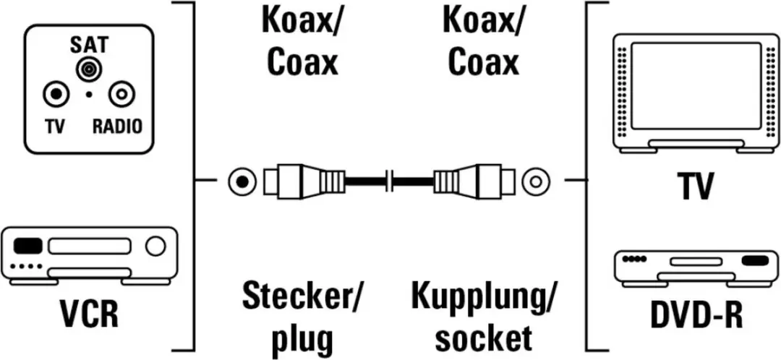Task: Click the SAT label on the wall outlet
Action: [x=88, y=46]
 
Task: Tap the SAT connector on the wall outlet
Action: [x=88, y=69]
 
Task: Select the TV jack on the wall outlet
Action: [x=55, y=93]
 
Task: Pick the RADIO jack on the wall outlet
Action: [x=121, y=93]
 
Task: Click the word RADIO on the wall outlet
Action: [x=117, y=127]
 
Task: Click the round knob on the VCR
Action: [x=155, y=246]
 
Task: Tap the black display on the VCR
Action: [x=28, y=246]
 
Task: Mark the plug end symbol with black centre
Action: [x=242, y=181]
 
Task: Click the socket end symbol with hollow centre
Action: [x=536, y=181]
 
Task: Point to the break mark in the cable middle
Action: [x=390, y=181]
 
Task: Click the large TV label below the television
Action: [x=696, y=185]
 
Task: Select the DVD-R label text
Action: [x=697, y=314]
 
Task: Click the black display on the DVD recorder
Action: [x=755, y=260]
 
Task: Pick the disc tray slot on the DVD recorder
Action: [x=696, y=262]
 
